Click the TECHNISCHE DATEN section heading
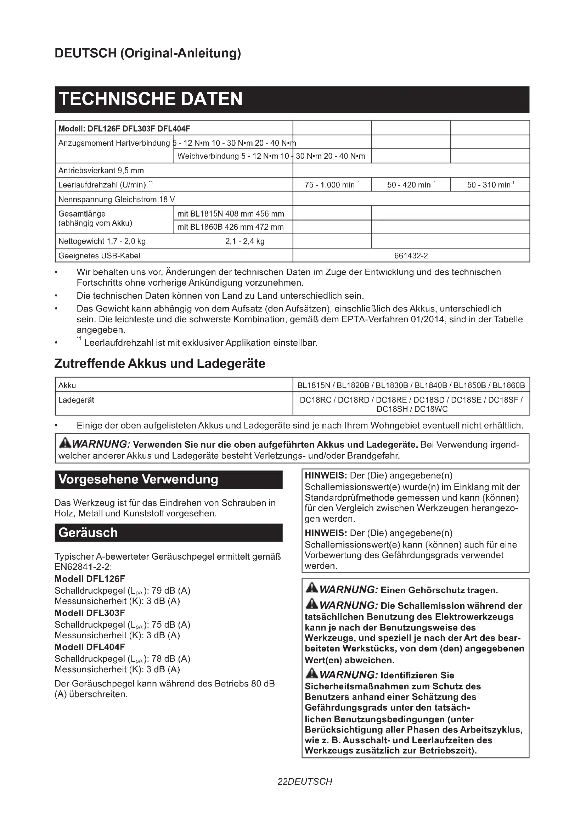coord(151,99)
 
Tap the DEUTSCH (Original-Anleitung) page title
coord(148,53)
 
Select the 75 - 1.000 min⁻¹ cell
coord(332,185)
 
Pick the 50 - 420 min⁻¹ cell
coord(411,185)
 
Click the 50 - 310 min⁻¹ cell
coord(490,185)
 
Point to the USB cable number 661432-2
coord(411,256)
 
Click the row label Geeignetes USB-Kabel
coord(99,256)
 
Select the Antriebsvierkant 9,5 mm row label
coord(101,170)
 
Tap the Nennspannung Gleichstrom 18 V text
coord(117,199)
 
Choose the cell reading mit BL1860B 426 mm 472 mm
coord(231,227)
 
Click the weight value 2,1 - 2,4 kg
coord(245,241)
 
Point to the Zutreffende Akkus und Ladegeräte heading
coord(160,363)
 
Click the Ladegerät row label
coord(76,400)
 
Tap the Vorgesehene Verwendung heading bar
coord(138,479)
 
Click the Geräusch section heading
coord(88,533)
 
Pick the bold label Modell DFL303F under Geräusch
coord(90,613)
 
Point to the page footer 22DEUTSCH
coord(305,782)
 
